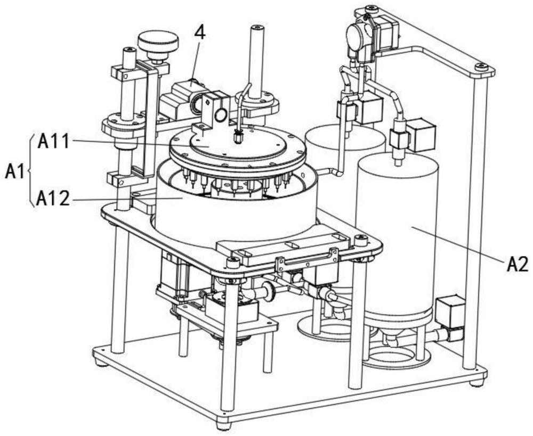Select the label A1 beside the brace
14,171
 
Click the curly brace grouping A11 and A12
30,170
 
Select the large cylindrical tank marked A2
397,234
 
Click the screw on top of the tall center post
257,27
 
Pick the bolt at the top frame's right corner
481,67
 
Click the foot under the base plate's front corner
224,425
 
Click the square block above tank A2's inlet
420,134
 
